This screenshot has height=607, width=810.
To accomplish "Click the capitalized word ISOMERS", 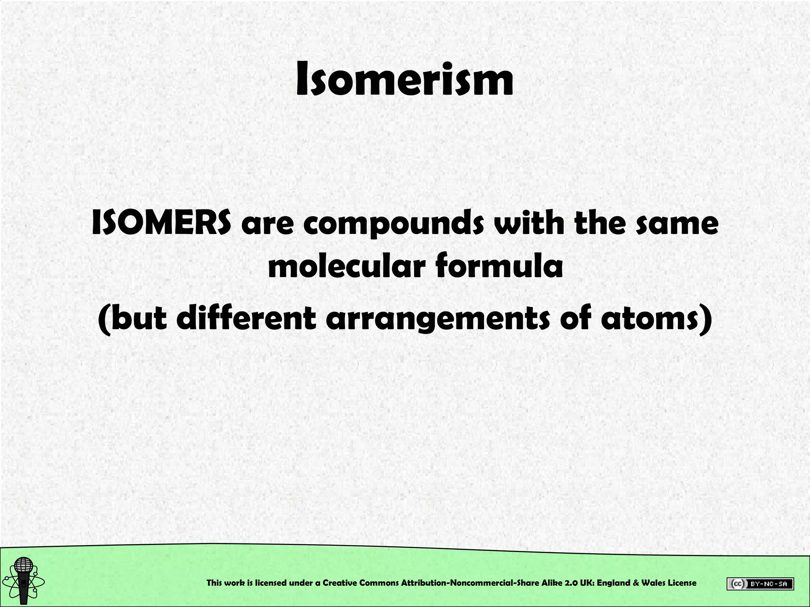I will coord(161,223).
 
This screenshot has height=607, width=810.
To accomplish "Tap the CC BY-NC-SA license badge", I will coord(760,583).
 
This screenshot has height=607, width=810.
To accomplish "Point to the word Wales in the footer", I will coord(655,583).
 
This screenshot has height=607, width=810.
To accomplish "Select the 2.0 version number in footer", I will coord(571,583).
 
